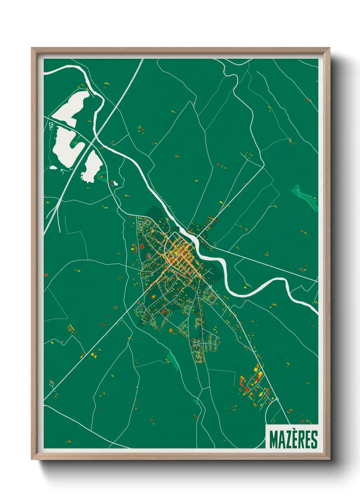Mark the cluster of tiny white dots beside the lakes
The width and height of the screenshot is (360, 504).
click(51, 126)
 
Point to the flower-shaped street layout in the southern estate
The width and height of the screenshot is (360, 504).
click(196, 343)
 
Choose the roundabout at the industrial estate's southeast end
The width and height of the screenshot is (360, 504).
click(277, 399)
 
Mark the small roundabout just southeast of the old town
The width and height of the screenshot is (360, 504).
click(210, 287)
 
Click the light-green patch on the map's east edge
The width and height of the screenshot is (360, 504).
click(304, 196)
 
